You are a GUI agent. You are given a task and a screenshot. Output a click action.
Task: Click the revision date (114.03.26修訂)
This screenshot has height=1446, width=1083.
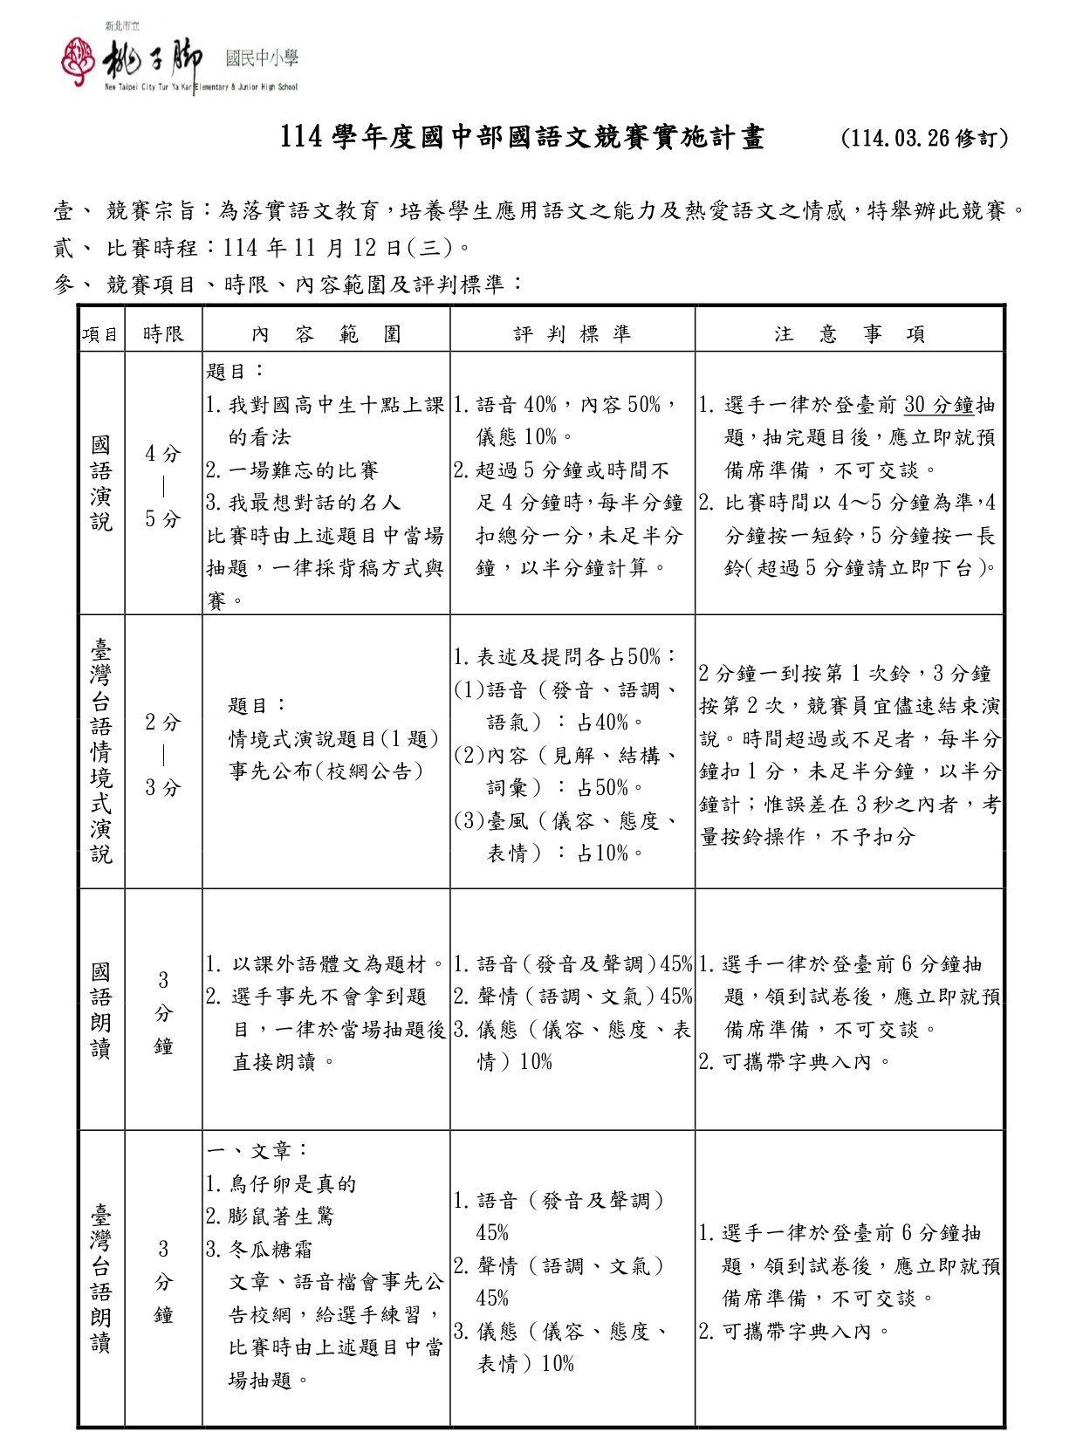tap(924, 139)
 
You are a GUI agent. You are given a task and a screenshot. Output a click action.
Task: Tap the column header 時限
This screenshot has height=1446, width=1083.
tap(163, 334)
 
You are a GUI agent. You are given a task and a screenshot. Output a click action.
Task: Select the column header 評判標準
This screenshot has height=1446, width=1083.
tap(572, 334)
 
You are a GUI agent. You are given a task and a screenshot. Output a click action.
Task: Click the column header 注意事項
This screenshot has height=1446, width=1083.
tap(849, 334)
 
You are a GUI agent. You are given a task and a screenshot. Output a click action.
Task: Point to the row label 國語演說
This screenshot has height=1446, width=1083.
tap(101, 483)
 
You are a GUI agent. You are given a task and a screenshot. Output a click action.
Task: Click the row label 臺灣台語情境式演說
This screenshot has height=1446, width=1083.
tap(101, 750)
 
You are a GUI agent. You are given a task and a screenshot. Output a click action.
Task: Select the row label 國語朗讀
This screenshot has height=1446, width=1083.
tap(101, 1010)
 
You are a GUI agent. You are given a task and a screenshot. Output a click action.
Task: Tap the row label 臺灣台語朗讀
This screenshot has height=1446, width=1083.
tap(101, 1278)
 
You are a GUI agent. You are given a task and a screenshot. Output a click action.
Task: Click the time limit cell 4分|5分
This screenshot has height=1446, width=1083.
tap(163, 486)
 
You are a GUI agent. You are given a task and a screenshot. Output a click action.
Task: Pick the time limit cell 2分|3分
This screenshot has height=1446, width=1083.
tap(163, 755)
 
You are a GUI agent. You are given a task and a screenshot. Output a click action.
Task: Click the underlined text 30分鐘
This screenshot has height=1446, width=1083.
tap(938, 405)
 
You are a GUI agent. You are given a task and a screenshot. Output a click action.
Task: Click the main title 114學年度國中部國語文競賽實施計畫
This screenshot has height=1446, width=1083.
tap(522, 138)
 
